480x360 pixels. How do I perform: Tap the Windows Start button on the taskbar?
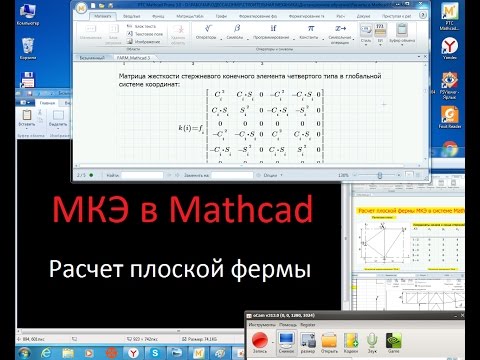coord(10,352)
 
